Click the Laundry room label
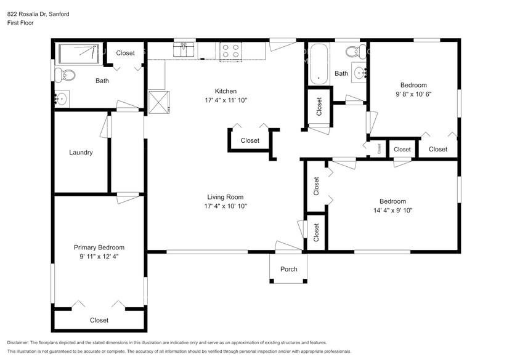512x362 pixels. pos(81,153)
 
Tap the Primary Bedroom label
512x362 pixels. pos(99,247)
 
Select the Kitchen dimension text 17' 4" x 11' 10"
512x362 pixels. pos(226,100)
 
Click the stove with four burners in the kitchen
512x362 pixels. pos(230,52)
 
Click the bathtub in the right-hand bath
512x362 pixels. pos(318,63)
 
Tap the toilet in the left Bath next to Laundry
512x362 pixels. pos(64,76)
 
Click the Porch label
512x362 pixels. pos(288,269)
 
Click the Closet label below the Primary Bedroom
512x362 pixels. pos(99,320)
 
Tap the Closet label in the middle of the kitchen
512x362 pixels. pos(250,140)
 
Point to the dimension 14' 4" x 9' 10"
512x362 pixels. pos(392,211)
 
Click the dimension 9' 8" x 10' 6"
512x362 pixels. pos(413,94)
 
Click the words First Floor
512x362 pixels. pos(20,23)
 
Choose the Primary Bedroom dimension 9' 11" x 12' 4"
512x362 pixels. pos(99,256)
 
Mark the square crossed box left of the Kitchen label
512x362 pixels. pos(158,102)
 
